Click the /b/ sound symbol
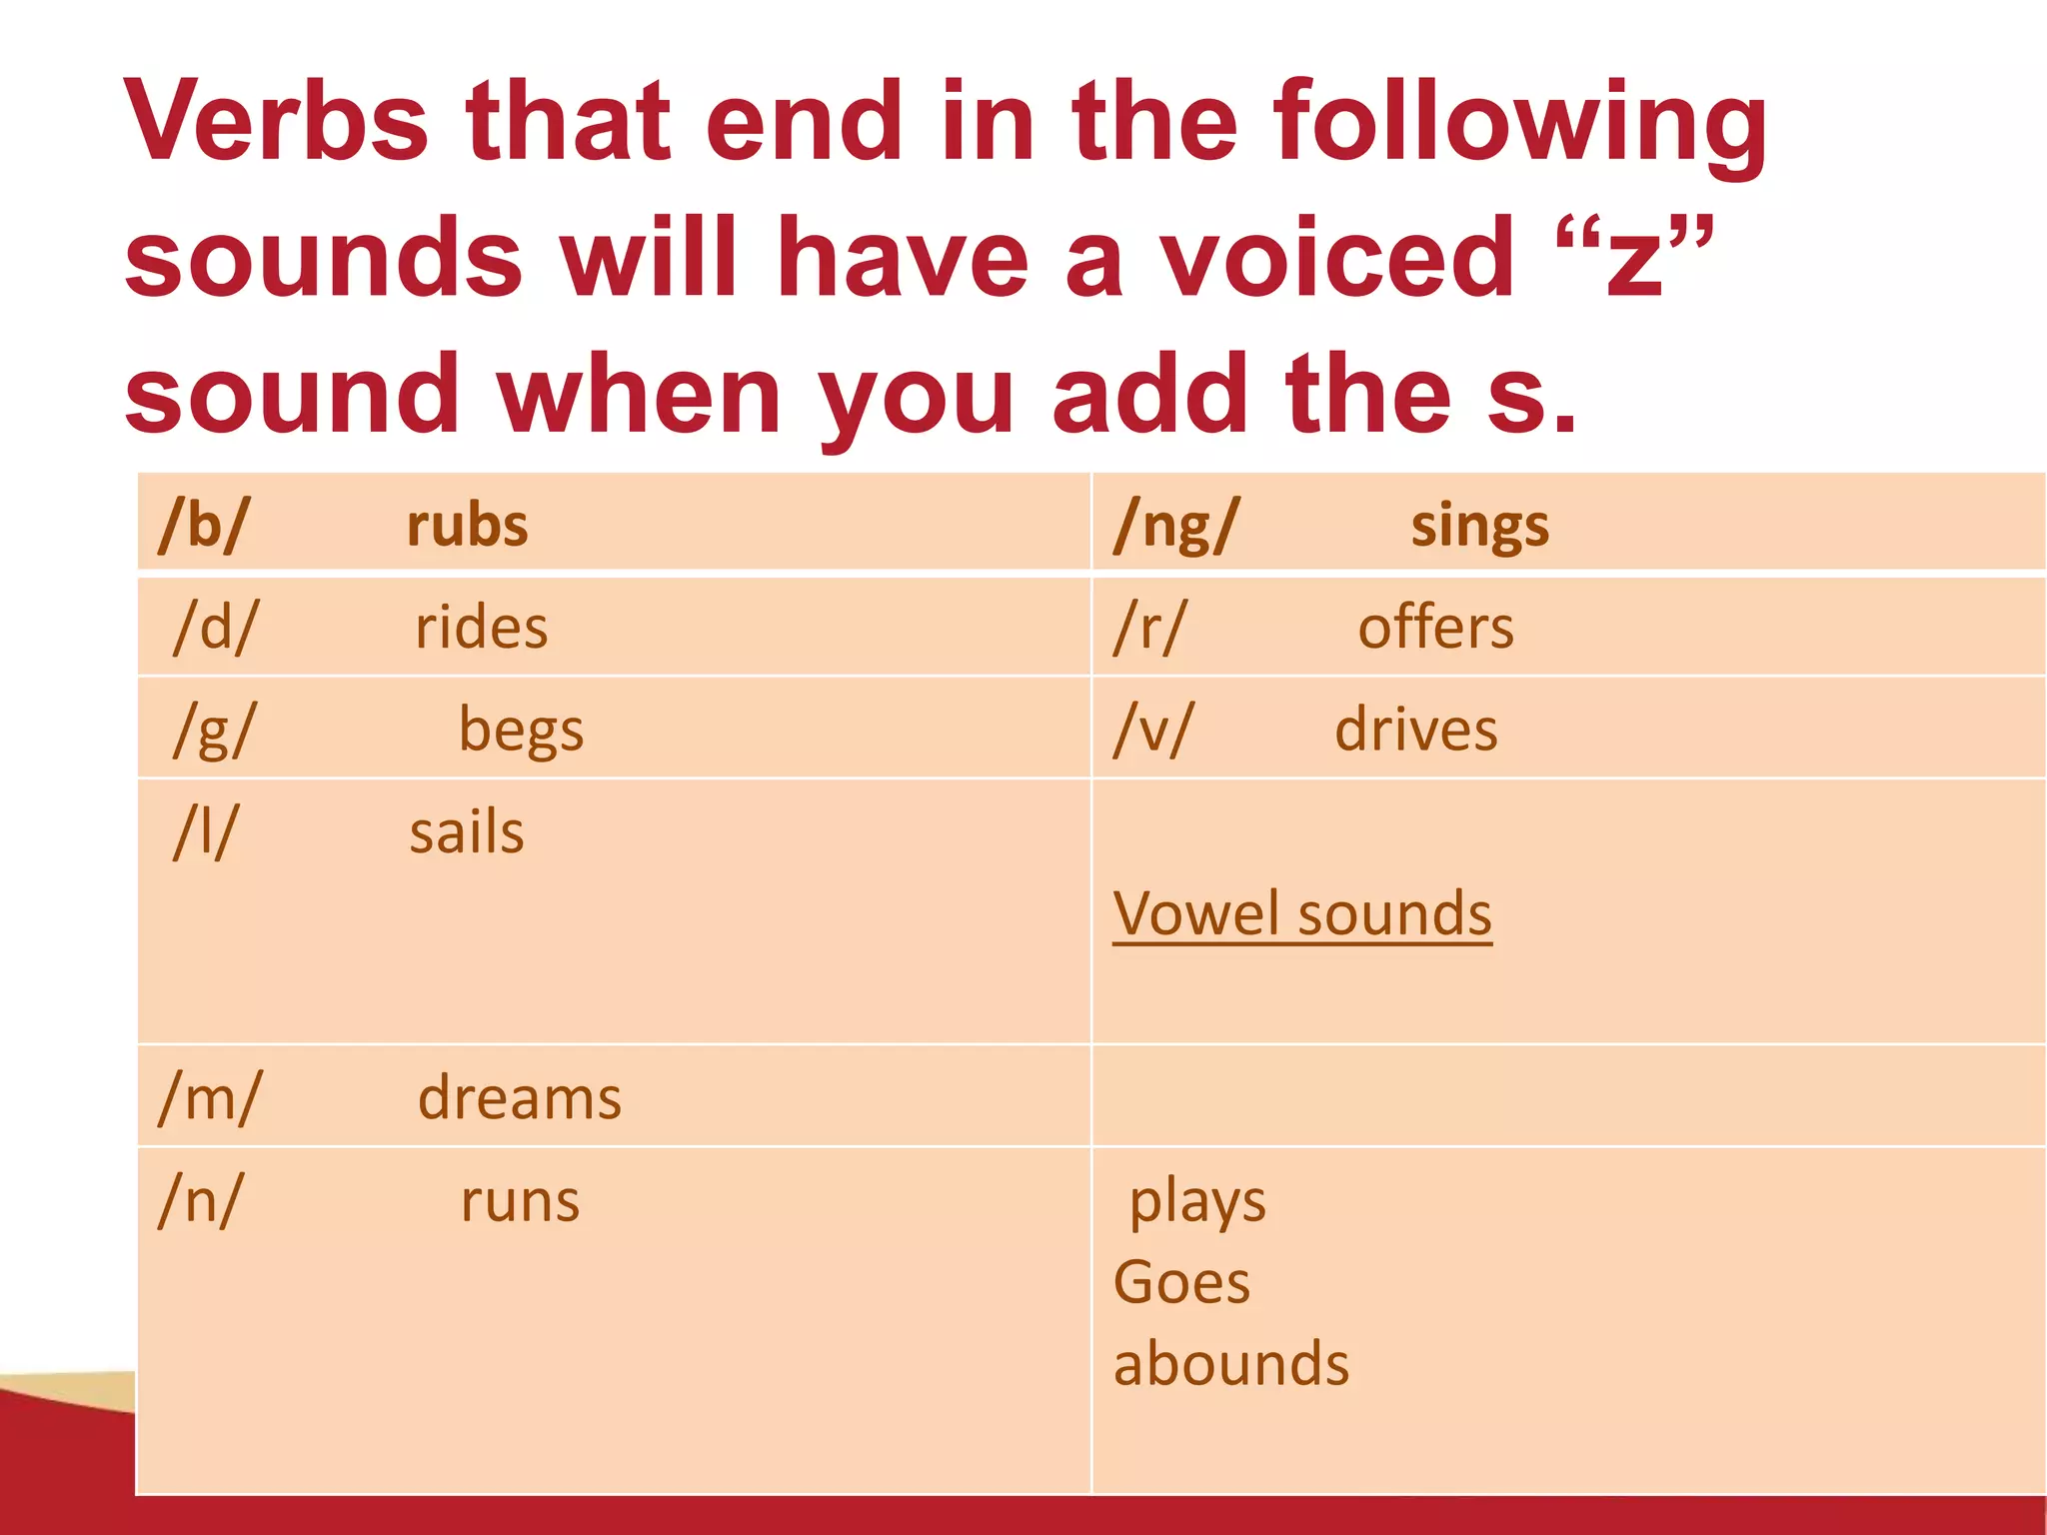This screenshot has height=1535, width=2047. point(204,525)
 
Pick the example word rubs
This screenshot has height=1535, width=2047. point(468,526)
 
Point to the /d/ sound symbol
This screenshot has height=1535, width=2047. point(215,628)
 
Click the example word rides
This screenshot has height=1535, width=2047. point(482,628)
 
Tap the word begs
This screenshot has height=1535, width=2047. point(521,731)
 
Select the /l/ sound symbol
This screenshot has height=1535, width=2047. point(206,831)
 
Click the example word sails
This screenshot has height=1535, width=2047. point(467,832)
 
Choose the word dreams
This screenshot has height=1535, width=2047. point(520,1097)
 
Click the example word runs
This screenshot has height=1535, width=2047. point(520,1200)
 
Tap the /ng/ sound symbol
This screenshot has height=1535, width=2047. point(1176,526)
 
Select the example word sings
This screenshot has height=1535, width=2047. point(1480,526)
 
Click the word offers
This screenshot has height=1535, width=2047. point(1435,628)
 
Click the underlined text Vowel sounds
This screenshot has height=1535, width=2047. point(1302,913)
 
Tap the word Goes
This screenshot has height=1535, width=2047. point(1181,1282)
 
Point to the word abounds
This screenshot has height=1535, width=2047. point(1231,1364)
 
